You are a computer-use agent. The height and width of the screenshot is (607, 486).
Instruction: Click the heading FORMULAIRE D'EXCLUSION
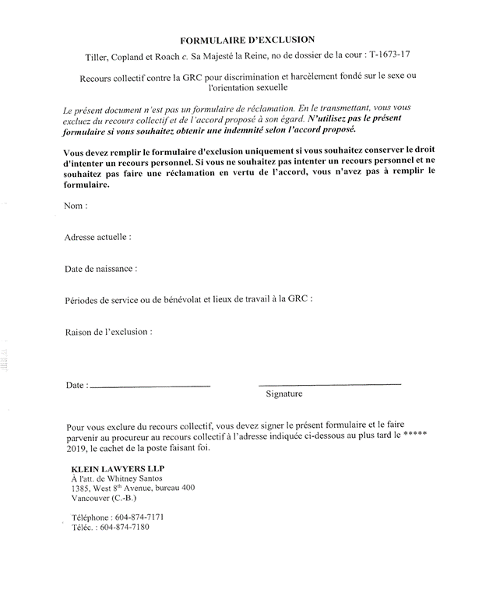click(248, 39)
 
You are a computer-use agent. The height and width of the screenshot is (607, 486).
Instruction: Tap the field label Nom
click(76, 206)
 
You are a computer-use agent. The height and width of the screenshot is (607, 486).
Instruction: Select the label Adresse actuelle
click(97, 237)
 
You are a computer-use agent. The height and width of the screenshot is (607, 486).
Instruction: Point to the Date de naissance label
click(100, 268)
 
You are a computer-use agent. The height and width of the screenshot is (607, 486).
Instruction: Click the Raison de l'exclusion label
click(108, 332)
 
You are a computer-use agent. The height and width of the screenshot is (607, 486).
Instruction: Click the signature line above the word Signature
click(329, 384)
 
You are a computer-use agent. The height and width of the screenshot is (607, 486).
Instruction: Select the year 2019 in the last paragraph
click(79, 448)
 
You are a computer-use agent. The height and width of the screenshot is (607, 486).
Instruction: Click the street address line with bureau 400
click(132, 488)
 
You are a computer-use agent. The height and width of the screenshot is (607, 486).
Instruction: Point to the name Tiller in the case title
click(99, 57)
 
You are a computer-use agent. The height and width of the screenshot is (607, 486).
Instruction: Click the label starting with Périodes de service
click(189, 299)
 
